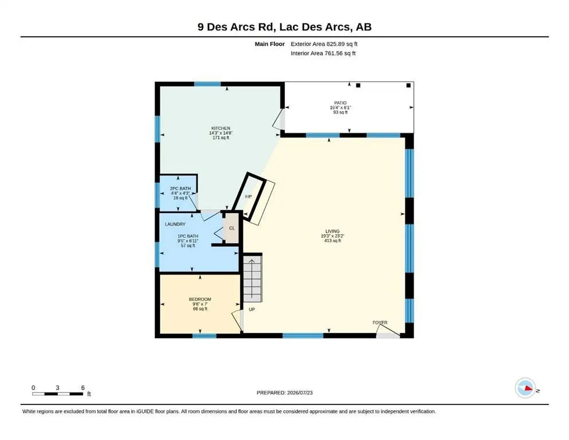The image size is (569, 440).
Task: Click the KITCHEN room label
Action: point(221,128)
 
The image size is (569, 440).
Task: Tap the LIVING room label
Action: point(332,231)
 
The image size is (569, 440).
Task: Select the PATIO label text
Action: point(340,103)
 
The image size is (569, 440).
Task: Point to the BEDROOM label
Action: point(200,299)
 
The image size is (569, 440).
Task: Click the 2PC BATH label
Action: point(180,188)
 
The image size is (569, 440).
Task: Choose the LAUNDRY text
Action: point(175,224)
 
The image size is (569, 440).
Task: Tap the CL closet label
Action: point(232,228)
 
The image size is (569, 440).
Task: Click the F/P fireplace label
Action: point(249,197)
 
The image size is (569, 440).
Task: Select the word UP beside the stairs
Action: point(252,309)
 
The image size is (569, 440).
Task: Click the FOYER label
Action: point(380,323)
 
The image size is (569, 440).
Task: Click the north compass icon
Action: point(525,388)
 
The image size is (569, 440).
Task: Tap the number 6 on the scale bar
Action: point(83,388)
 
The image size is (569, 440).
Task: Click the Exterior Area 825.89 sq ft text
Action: point(324,44)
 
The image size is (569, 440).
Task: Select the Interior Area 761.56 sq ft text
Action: point(323,53)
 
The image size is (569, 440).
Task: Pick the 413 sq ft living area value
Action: point(333,241)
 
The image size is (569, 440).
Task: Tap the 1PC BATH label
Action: point(188,236)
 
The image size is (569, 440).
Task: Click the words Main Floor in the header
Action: point(270,44)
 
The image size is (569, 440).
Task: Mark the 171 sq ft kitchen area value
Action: point(221,138)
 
